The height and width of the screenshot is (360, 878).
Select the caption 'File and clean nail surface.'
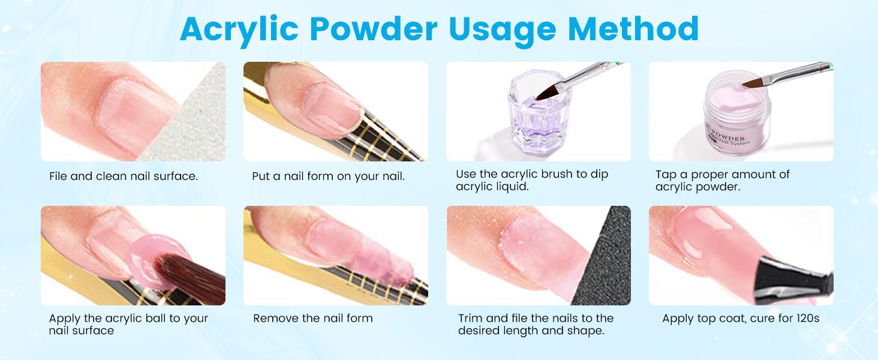(x=124, y=176)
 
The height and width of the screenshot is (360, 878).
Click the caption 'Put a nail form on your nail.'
(x=329, y=176)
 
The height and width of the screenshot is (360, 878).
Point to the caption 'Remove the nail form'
(x=312, y=318)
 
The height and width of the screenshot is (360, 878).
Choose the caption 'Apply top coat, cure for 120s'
(x=741, y=318)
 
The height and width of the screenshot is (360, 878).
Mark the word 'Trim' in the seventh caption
(x=470, y=318)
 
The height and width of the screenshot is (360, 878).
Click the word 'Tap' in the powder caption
(x=666, y=175)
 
